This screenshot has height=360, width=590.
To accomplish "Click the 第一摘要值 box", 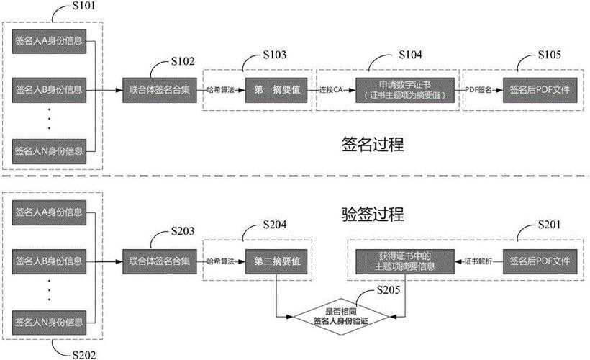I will (277, 91).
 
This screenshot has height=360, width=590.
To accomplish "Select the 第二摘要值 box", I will (277, 260).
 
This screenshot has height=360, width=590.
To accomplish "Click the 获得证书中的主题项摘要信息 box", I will (404, 260).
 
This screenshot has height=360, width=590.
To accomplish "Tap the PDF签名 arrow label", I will (479, 91).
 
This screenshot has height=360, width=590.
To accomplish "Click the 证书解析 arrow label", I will (478, 260).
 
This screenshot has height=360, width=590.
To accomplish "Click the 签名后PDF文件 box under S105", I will (539, 91).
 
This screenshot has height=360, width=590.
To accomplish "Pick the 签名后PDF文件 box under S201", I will (539, 260).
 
